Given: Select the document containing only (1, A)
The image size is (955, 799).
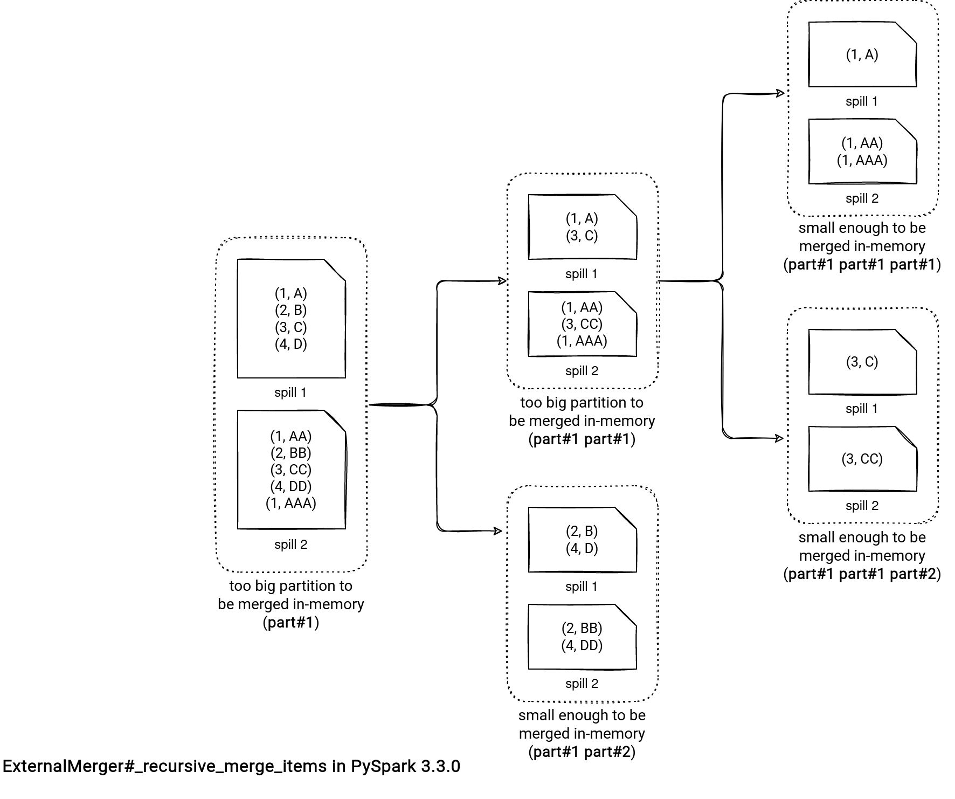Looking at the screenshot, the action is [x=862, y=54].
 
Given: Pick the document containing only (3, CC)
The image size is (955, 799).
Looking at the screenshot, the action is [x=862, y=459].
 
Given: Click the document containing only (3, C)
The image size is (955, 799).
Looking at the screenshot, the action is [x=862, y=362].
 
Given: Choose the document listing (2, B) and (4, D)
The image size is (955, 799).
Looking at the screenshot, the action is [x=582, y=540].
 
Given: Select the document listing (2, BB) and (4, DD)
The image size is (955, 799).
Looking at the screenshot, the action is [x=582, y=637].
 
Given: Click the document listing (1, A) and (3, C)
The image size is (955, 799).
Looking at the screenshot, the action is [x=582, y=227].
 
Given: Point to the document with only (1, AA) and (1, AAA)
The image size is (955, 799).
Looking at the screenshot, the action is [x=862, y=151].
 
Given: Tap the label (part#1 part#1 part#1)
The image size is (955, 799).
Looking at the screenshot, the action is [x=862, y=265].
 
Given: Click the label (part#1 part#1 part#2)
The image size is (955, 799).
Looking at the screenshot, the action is [x=862, y=574].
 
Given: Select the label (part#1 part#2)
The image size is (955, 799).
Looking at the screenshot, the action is [x=582, y=752].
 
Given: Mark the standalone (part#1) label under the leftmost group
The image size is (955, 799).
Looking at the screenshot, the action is [x=291, y=623].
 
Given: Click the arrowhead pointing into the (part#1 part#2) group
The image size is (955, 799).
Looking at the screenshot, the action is [x=499, y=531].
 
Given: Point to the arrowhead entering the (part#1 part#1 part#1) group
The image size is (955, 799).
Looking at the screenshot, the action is [x=780, y=93].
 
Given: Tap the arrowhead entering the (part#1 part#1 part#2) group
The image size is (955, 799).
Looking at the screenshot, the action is [x=779, y=438].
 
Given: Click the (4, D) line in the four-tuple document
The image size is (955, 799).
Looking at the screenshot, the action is [x=291, y=345].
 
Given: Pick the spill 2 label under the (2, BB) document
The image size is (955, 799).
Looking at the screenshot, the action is [x=582, y=684].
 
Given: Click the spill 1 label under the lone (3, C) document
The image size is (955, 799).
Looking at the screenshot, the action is [x=862, y=409].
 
